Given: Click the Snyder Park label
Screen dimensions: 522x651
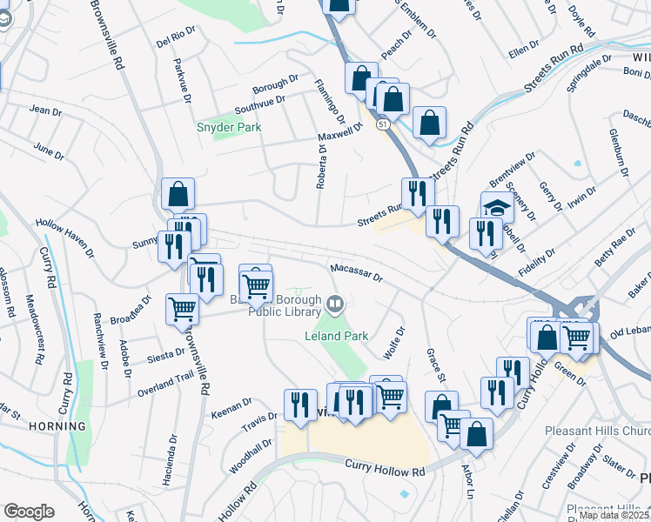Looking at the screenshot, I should [229, 127].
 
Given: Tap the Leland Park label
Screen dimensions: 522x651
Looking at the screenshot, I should [336, 336].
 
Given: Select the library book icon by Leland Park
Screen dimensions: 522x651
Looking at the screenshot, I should [336, 304].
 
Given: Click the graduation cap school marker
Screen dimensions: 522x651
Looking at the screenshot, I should [497, 207].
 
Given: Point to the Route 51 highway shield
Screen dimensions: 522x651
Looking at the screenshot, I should [383, 125].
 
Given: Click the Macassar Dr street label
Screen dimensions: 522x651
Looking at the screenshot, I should [355, 273].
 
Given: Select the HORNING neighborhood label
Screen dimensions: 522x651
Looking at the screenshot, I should [33, 426].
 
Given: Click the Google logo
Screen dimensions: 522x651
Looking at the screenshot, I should [29, 512].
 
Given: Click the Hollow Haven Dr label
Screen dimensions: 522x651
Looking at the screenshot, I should [64, 238].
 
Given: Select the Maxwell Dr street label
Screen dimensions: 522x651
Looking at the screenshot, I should [339, 132].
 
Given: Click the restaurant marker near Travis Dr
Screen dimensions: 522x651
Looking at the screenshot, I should [300, 405].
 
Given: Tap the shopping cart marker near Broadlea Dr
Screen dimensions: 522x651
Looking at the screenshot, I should [182, 309].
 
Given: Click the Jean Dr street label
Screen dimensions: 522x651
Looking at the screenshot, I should [45, 110].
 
